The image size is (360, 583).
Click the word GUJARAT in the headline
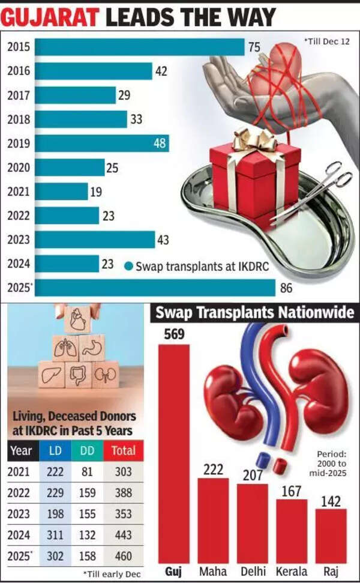[x=52, y=17]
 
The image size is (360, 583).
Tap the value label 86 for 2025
[x=286, y=288]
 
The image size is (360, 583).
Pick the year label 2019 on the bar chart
[x=19, y=143]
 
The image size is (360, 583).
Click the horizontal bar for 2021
[x=61, y=192]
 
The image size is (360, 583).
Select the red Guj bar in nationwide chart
[x=173, y=453]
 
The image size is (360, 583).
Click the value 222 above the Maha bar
[x=213, y=469]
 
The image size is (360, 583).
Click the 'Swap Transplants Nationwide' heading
[x=254, y=313]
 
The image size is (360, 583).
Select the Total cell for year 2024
[x=123, y=535]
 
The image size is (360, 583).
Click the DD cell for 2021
[x=88, y=472]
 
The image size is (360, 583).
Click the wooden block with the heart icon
[x=77, y=321]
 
